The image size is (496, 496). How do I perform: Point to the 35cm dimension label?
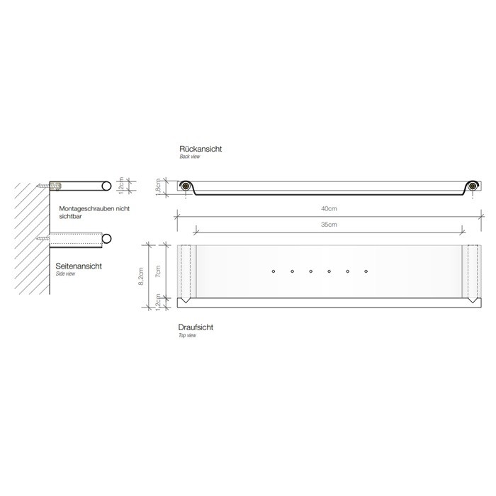tap(328, 224)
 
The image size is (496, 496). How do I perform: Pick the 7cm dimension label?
tap(159, 270)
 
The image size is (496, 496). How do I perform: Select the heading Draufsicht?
tap(196, 327)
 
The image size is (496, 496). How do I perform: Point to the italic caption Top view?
tap(188, 335)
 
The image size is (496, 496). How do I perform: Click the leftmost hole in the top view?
tap(274, 271)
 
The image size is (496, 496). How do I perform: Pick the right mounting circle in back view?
tap(473, 186)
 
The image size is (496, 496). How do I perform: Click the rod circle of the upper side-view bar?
tap(106, 186)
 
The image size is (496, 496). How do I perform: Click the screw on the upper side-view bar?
tap(53, 186)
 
